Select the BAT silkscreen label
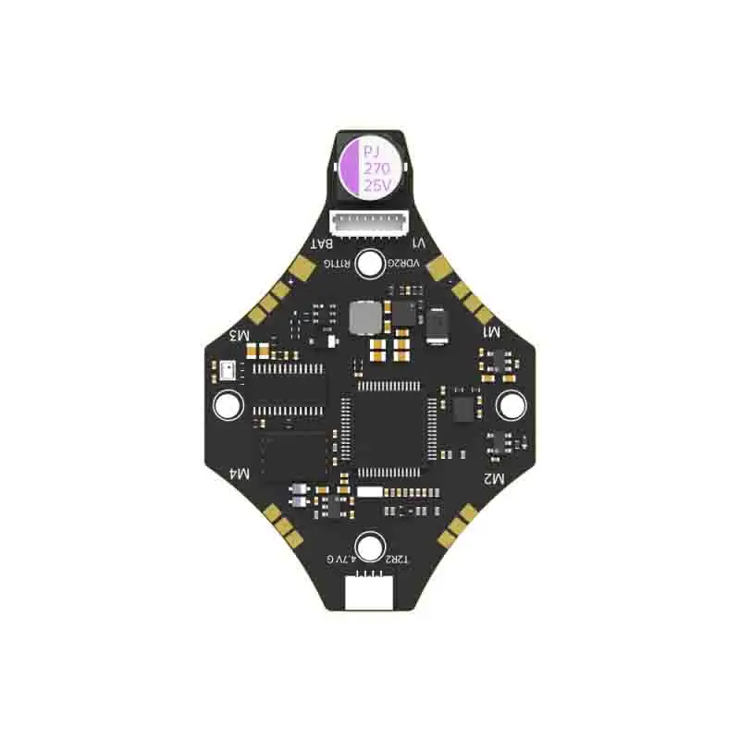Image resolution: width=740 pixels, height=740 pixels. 323,243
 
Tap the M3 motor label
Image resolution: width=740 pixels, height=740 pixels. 240,334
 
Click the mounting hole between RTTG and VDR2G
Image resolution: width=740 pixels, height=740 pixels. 370,265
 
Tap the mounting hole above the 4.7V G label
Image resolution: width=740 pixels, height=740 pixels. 370,546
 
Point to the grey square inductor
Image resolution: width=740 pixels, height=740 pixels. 364,318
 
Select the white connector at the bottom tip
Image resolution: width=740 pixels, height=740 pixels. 369,593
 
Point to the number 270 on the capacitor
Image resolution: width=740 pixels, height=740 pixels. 376,168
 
